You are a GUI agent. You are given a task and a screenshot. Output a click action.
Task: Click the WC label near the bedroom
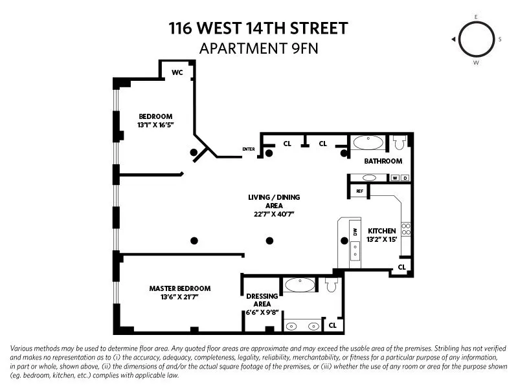point(177,72)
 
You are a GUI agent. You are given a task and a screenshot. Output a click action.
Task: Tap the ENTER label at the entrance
point(249,149)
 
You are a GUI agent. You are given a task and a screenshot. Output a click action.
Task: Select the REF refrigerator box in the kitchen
point(359,191)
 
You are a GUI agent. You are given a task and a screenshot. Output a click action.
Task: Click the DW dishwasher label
point(354,231)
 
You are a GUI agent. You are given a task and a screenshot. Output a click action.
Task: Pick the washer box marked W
point(394,178)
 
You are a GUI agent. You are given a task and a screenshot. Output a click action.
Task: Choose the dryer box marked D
point(405,178)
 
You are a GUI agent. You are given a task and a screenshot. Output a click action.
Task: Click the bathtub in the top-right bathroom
point(368,143)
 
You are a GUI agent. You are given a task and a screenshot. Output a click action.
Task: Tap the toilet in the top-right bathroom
point(399,142)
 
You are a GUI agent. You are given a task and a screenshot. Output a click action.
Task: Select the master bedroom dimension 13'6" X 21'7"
point(180,298)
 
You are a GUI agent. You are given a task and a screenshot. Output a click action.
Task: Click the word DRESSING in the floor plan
point(262,296)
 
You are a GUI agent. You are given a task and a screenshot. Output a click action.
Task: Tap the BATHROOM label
point(383,161)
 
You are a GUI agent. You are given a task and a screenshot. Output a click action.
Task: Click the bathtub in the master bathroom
point(300,285)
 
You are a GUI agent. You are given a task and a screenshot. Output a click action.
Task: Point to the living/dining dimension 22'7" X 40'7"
point(274,214)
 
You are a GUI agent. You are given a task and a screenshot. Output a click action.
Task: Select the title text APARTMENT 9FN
point(258,48)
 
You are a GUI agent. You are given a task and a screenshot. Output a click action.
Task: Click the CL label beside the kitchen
point(402,267)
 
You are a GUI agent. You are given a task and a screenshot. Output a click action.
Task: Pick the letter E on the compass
point(476,16)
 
